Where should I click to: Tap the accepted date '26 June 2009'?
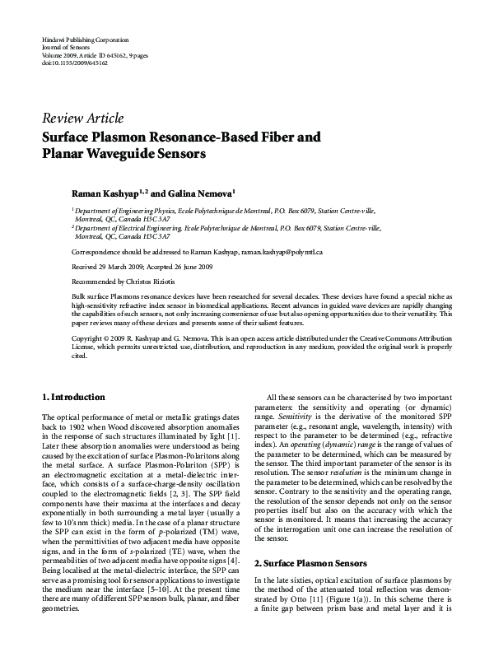[x=194, y=268]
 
